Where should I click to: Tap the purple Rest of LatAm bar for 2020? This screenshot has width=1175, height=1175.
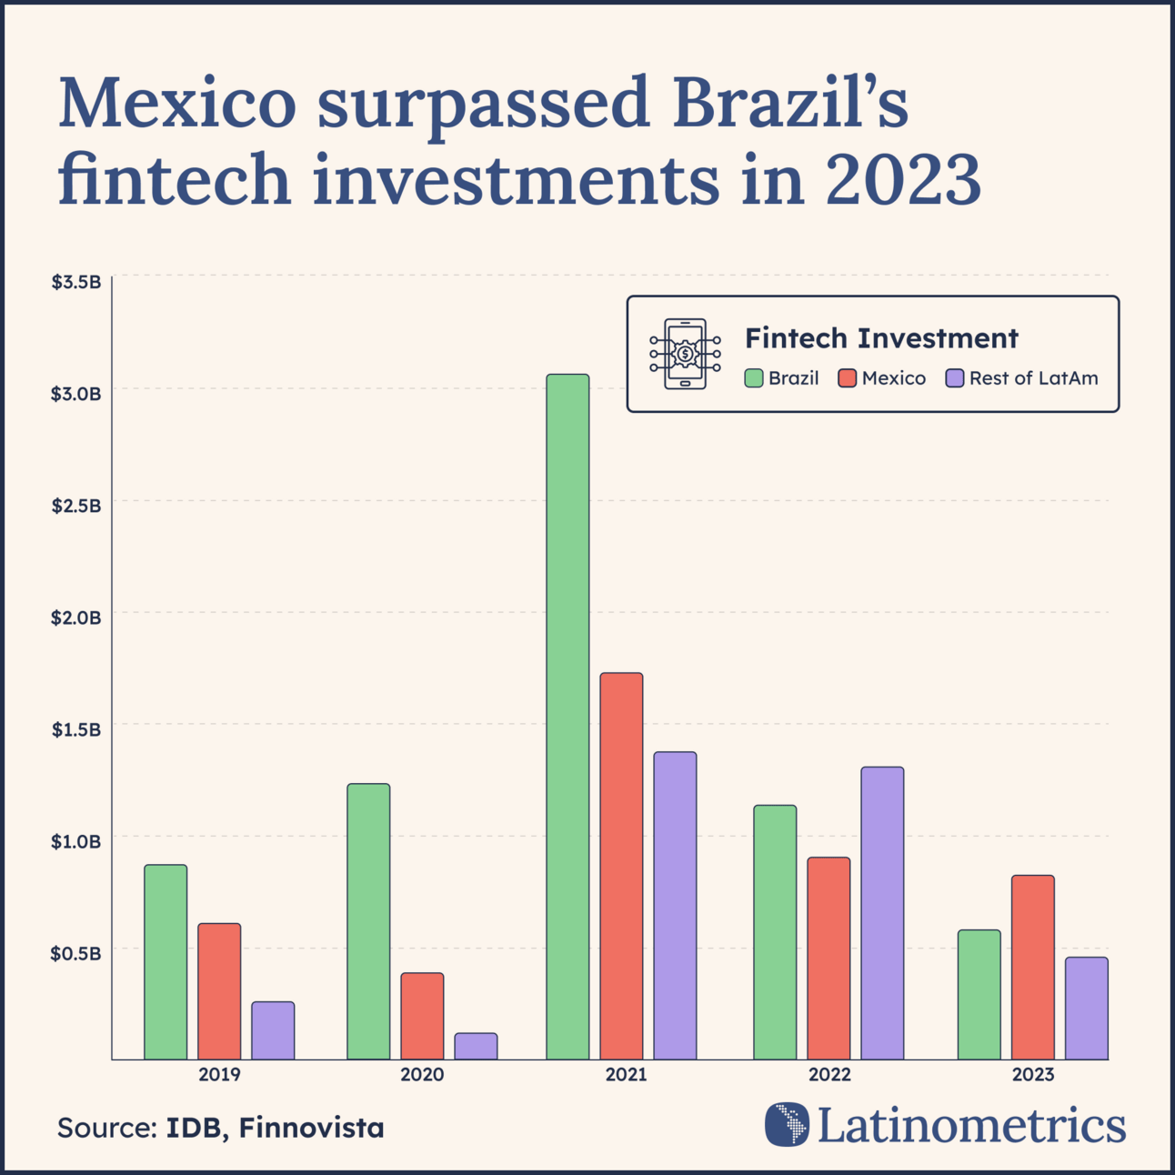(476, 1046)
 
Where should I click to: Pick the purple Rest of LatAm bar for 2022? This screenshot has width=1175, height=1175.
(882, 913)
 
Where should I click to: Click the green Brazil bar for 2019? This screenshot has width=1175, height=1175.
(166, 961)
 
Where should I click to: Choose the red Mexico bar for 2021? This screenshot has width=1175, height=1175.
(621, 866)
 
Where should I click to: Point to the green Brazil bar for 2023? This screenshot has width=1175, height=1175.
(979, 994)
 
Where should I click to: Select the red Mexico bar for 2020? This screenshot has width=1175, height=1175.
(422, 1016)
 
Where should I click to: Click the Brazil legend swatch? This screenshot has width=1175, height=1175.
(754, 378)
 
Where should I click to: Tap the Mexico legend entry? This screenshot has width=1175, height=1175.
(882, 378)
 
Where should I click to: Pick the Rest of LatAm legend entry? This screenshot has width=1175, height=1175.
(1022, 378)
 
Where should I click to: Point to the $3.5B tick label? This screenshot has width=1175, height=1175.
(75, 282)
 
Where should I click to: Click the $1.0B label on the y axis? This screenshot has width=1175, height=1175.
(75, 841)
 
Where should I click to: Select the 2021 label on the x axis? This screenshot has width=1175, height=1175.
(626, 1075)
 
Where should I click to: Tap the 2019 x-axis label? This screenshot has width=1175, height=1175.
(219, 1075)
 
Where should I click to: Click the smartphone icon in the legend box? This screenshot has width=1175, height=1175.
(685, 354)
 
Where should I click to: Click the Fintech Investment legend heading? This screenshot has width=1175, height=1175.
(881, 338)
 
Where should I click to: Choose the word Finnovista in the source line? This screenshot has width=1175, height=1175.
(312, 1128)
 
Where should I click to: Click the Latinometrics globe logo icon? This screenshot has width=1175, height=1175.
(787, 1124)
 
